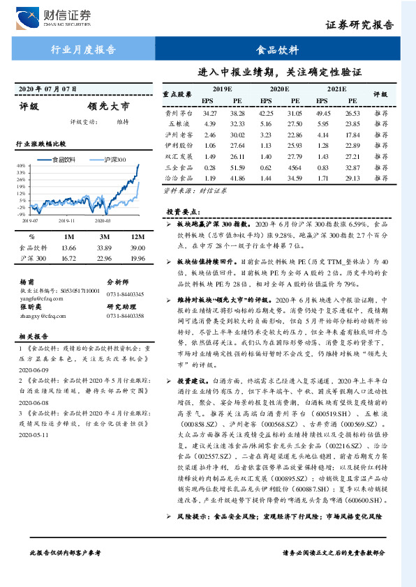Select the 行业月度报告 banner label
pyautogui.click(x=83, y=50)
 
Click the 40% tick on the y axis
pyautogui.click(x=22, y=166)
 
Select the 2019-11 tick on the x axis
pyautogui.click(x=67, y=220)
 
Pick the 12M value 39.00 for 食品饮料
pyautogui.click(x=138, y=247)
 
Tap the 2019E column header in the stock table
pyautogui.click(x=222, y=89)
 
